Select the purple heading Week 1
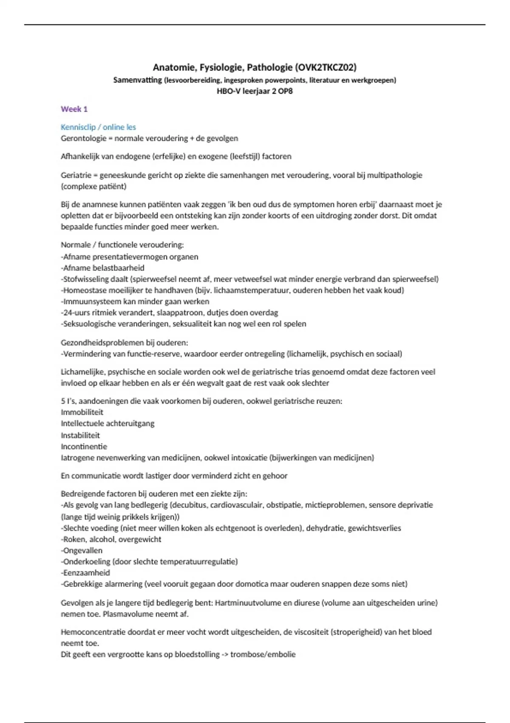[74, 109]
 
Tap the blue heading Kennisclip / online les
[98, 127]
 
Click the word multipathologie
[395, 175]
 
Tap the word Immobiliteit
[82, 412]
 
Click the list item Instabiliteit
[80, 435]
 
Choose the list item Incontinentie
[84, 447]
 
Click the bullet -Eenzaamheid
[85, 573]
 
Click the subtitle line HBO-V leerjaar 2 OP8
[255, 91]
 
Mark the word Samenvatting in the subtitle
[137, 80]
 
